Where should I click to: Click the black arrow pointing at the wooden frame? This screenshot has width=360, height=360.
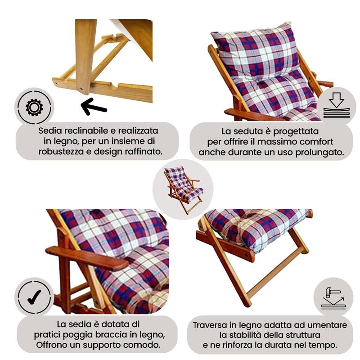94,107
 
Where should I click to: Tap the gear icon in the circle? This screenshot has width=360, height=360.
34,107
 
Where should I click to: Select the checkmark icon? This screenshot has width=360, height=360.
34,296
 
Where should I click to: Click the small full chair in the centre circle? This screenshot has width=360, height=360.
183,189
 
